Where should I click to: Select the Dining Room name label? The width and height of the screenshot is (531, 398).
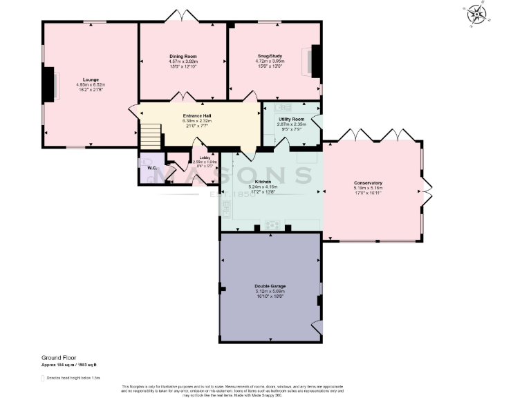[183, 56]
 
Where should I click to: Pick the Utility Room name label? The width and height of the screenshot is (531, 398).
[291, 120]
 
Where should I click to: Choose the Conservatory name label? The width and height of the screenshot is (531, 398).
[367, 182]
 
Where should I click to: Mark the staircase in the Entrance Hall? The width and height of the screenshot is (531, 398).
[151, 135]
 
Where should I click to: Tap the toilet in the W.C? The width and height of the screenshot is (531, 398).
[145, 177]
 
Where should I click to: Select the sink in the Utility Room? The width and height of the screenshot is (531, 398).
[283, 108]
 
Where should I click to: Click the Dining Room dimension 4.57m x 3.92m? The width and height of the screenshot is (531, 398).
[183, 61]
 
